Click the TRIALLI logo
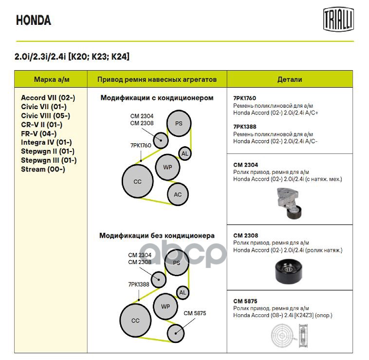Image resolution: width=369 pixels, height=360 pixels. click(x=338, y=19)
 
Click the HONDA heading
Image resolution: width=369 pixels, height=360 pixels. click(x=34, y=20)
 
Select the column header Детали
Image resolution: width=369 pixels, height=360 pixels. click(x=290, y=79)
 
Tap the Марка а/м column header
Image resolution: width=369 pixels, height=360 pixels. click(x=51, y=79)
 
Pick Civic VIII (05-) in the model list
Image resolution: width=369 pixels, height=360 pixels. click(x=45, y=115)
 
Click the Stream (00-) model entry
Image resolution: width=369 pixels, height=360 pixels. click(x=43, y=169)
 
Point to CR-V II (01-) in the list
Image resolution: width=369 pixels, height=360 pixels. click(x=41, y=124)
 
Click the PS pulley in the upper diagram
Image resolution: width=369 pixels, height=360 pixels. click(x=179, y=123)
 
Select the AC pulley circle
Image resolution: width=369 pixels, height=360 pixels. click(x=178, y=195)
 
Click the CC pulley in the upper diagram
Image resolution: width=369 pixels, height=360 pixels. click(x=137, y=182)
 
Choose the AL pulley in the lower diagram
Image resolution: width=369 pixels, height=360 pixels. click(x=183, y=293)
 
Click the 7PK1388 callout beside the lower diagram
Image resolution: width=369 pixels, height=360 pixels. click(x=139, y=284)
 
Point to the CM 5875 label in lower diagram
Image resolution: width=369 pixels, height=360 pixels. click(x=195, y=313)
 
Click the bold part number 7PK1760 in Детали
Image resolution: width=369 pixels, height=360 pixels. click(x=244, y=98)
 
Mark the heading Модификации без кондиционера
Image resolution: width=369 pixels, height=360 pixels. click(x=157, y=236)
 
